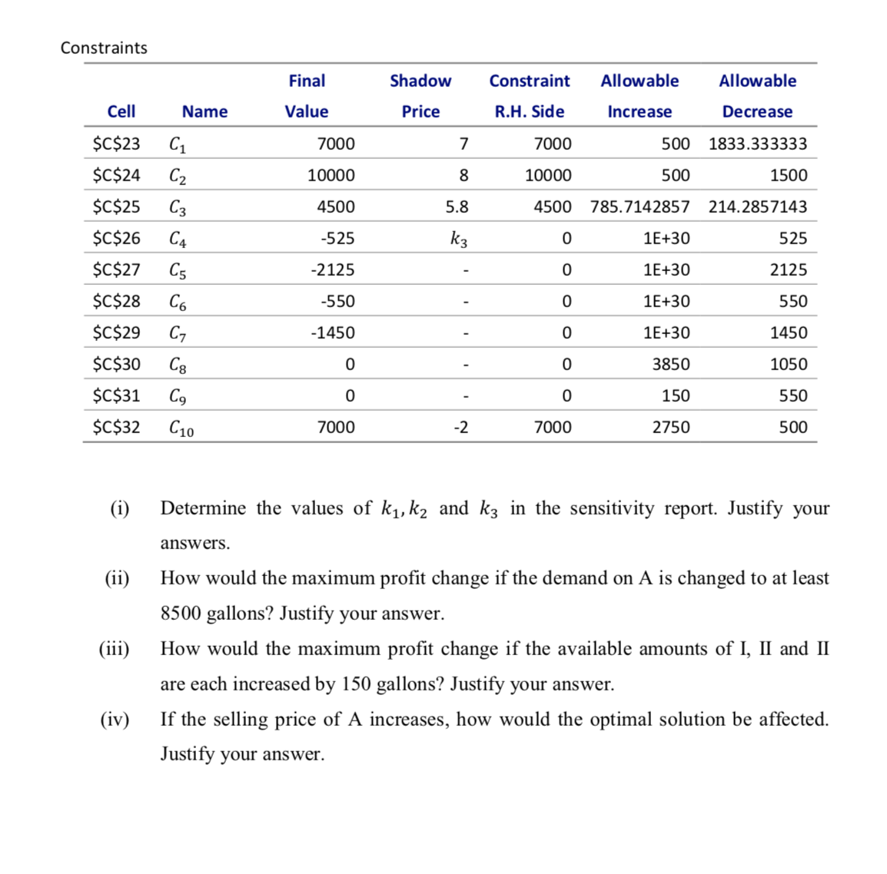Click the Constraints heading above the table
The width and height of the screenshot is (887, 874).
[104, 48]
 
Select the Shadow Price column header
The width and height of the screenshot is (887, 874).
[420, 96]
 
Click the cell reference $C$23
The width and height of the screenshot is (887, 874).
[116, 144]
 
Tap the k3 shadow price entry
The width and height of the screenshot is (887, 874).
[459, 239]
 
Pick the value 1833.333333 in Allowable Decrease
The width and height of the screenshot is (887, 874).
[757, 144]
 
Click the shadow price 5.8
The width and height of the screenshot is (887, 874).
[457, 207]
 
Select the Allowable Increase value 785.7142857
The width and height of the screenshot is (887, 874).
[640, 207]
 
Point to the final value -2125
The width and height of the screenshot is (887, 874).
[333, 270]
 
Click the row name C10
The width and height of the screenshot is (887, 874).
[181, 428]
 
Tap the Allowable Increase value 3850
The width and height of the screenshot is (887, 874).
[670, 364]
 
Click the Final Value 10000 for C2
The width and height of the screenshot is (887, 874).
[331, 175]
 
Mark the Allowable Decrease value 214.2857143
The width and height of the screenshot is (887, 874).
[757, 207]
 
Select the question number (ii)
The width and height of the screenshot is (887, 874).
[117, 578]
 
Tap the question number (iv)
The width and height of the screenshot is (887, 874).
[115, 720]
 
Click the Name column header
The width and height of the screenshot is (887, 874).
[204, 111]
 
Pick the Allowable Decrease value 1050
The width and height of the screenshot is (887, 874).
[788, 364]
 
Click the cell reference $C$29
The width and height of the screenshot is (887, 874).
[116, 333]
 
